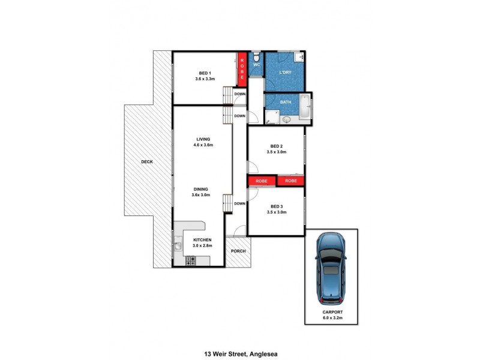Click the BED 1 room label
pos(205,73)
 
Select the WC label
pos(256,64)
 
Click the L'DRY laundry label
pos(285,72)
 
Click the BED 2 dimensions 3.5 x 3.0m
pos(277,152)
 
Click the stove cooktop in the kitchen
pos(191,260)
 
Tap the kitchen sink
pos(178,245)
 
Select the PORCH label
pos(238,251)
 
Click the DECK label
pos(147,162)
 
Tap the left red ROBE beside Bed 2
pos(262,181)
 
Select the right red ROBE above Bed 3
pos(291,181)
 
